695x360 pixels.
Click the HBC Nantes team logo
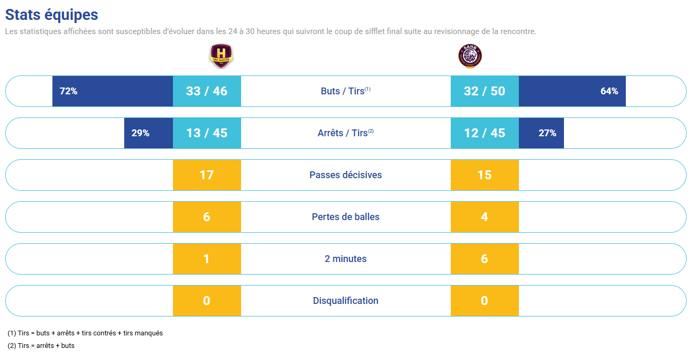[221, 56]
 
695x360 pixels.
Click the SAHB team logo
[470, 56]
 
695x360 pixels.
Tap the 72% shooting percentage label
[69, 91]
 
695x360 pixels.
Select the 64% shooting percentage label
[609, 91]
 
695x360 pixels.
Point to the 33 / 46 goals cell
[207, 91]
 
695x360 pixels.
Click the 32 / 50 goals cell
[484, 91]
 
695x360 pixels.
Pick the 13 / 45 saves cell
[207, 133]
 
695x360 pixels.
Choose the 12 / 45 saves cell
[484, 133]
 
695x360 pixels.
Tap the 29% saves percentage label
[140, 133]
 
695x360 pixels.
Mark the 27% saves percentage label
[547, 133]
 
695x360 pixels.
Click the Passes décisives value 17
[207, 175]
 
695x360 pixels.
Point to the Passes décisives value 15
[484, 175]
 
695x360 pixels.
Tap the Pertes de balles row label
[345, 217]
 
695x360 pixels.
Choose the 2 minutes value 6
[484, 259]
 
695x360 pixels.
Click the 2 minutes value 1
[207, 259]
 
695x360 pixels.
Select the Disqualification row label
[345, 301]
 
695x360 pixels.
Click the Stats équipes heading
[51, 15]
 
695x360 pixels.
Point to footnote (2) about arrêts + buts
[41, 346]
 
